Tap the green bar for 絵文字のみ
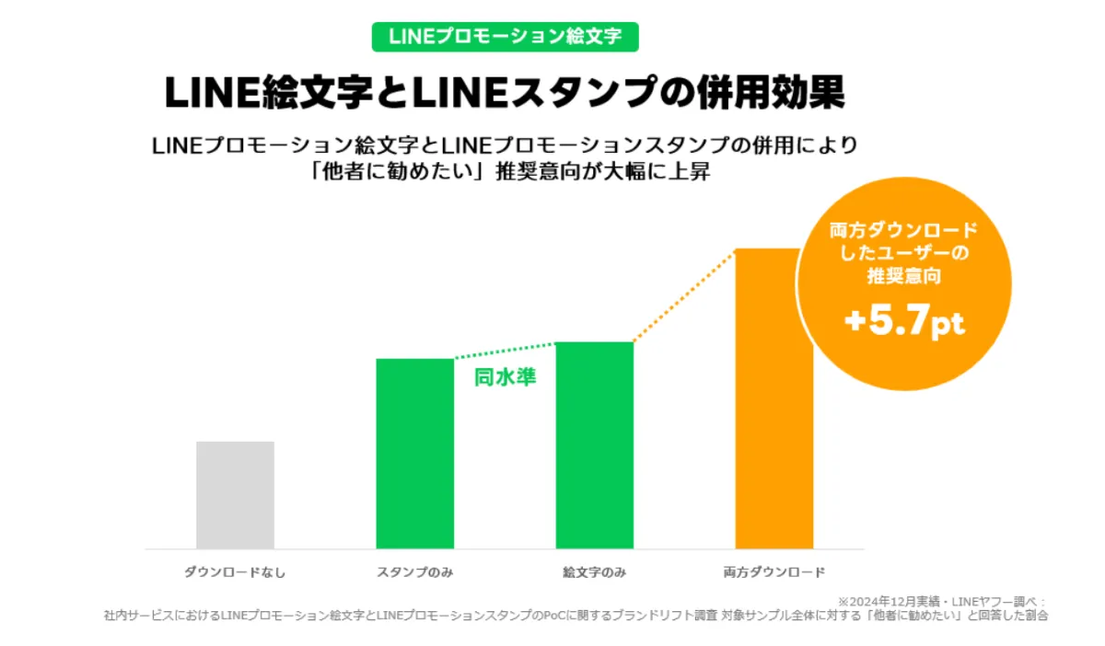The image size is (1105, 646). [595, 445]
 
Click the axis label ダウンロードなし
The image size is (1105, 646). [235, 572]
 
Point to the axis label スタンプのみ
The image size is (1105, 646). [414, 572]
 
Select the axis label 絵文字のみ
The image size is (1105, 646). [595, 572]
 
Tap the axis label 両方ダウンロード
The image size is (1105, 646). [773, 572]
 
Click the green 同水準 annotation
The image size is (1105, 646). [505, 377]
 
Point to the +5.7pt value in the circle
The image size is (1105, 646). [903, 324]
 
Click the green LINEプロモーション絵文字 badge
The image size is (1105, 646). [505, 37]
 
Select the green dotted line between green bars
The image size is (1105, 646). [505, 351]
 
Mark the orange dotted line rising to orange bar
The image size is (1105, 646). [684, 295]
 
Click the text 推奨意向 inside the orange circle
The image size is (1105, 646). [903, 274]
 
